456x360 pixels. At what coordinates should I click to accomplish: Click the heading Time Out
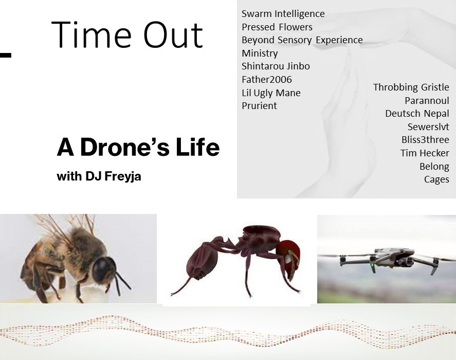127,34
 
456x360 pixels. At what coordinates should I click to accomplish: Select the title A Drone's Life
138,147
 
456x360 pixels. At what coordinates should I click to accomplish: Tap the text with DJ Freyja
99,176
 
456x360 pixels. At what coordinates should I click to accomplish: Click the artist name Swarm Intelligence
283,14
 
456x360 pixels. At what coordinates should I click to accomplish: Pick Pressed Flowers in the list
277,27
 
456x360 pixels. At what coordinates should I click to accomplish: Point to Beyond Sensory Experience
302,40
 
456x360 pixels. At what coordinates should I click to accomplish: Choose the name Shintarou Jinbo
276,66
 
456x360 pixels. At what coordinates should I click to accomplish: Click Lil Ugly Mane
271,93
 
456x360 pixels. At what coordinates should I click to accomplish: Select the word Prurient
259,105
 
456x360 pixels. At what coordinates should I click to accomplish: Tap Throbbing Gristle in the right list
411,87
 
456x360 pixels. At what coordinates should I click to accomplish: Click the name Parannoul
427,100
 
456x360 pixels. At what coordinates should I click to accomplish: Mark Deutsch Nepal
417,113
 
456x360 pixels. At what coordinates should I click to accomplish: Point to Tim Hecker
425,153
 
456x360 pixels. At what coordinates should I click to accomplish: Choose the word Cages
436,179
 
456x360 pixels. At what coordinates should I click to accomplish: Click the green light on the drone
372,265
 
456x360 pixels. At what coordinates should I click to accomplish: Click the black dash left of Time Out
6,55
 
